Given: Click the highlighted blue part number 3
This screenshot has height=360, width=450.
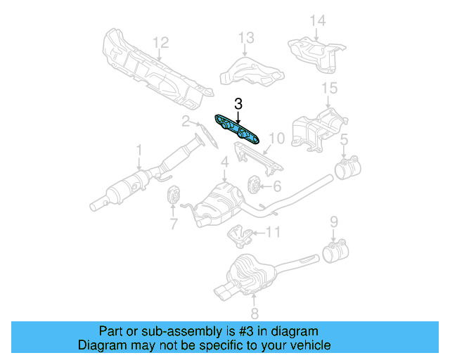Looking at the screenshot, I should (x=238, y=130).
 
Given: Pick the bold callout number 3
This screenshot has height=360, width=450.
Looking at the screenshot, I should (x=238, y=104).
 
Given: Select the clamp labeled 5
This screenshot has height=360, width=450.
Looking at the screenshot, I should (x=346, y=169).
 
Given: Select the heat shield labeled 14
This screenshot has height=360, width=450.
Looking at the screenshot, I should (x=316, y=49).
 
